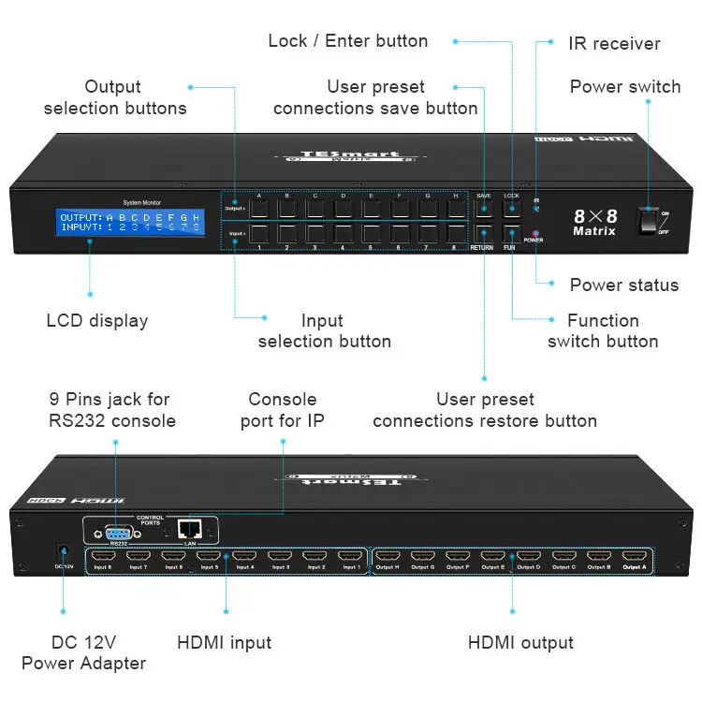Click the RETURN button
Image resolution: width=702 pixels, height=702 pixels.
(x=483, y=234)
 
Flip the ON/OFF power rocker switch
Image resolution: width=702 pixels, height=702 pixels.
(x=651, y=221)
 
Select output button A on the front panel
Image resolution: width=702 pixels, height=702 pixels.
(x=258, y=208)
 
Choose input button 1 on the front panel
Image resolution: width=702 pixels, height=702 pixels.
(x=258, y=234)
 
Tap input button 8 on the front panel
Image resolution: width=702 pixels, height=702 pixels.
(x=456, y=234)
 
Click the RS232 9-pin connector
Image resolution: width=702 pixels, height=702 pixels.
(x=119, y=531)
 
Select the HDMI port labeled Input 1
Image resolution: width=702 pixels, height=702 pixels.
(x=350, y=557)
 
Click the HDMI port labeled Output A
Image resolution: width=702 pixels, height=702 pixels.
(x=634, y=557)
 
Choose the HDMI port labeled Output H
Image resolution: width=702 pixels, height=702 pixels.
(x=387, y=557)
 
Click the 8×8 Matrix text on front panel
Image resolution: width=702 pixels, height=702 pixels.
(x=594, y=222)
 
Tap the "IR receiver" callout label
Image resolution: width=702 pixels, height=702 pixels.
(x=614, y=43)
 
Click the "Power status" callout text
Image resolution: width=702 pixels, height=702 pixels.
(x=624, y=285)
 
